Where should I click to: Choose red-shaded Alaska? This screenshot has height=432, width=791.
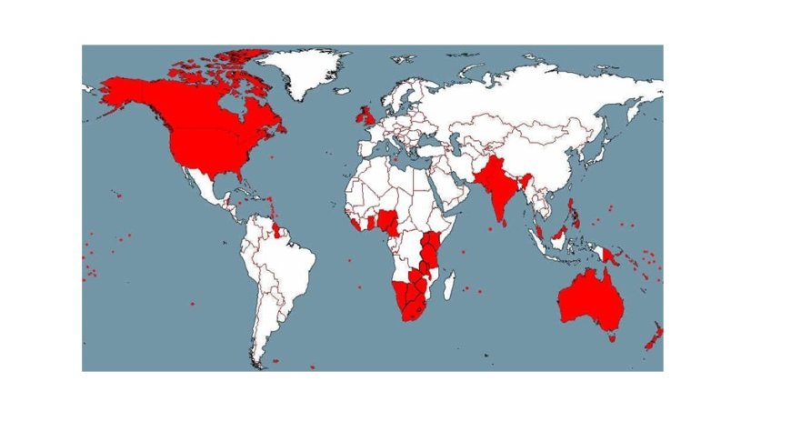click(127, 91)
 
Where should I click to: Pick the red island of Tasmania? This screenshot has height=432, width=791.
click(612, 337)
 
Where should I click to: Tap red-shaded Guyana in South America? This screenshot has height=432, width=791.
click(278, 226)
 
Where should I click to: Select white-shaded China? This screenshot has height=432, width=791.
click(536, 155)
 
